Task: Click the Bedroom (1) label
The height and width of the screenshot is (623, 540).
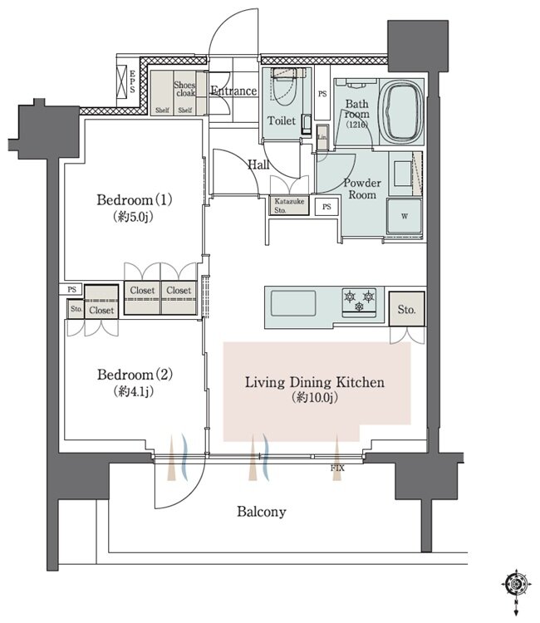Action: tap(135, 199)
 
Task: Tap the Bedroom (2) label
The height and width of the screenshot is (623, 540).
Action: tap(135, 375)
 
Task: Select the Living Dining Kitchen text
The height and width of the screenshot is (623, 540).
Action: tap(315, 382)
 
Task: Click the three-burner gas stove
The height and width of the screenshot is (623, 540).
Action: tap(359, 302)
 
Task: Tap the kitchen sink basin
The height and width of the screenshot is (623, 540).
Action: tap(293, 303)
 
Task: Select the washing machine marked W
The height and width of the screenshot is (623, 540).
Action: tap(405, 217)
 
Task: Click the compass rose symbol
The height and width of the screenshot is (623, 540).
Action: tap(516, 584)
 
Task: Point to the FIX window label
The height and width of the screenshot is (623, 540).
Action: tap(337, 468)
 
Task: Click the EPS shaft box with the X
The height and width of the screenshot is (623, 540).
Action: tap(121, 79)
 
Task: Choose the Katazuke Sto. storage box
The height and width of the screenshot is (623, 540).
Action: tap(289, 206)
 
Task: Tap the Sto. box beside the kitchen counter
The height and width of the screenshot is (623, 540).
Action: tap(406, 309)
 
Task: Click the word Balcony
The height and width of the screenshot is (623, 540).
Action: tap(262, 512)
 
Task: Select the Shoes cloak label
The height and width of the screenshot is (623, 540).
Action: tap(184, 89)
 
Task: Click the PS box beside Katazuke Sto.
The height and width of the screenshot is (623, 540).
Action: tap(326, 207)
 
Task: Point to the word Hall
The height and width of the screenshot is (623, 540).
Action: tap(258, 164)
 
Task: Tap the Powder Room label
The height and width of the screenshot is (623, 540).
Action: tap(362, 189)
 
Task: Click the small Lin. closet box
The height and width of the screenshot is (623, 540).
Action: tap(322, 137)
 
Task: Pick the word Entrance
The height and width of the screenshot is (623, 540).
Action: tap(233, 91)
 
